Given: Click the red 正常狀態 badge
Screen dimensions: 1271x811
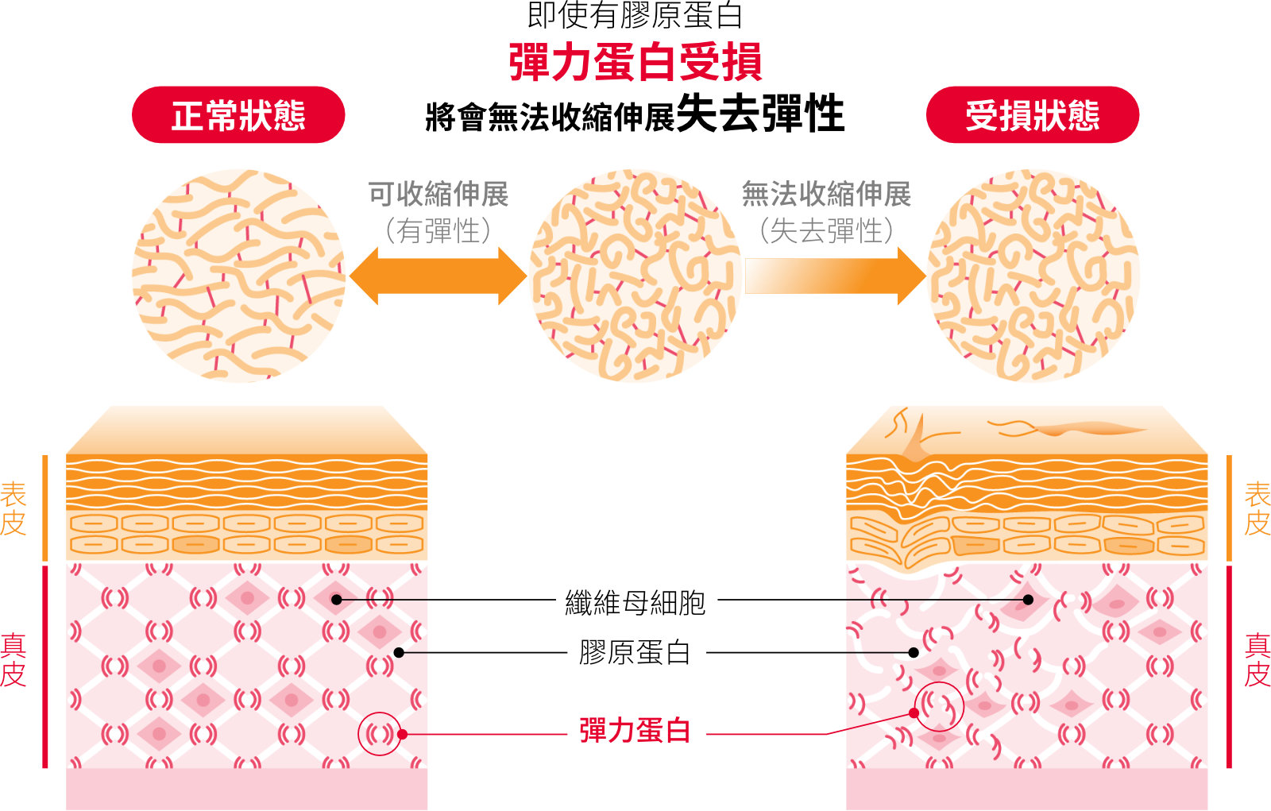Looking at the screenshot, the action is point(238,114).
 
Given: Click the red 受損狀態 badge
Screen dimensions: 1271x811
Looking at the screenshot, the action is point(1033,114).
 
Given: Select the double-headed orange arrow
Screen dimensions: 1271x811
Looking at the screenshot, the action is point(438,276).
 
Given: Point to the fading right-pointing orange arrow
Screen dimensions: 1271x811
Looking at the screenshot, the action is point(836,276).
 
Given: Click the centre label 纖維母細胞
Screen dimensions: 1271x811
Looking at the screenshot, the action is point(635,602).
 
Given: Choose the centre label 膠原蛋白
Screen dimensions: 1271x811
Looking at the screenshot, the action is point(635,652).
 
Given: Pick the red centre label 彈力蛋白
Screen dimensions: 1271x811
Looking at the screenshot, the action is point(635,731).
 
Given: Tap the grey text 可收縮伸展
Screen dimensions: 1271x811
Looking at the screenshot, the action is point(438,194).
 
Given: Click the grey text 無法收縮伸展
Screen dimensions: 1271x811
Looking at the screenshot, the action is point(827,194).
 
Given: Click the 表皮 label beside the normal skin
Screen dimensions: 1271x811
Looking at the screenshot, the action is point(14,508).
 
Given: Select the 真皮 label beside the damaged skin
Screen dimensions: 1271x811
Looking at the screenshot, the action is point(1257,660).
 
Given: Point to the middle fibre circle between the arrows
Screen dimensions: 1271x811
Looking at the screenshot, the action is point(635,276).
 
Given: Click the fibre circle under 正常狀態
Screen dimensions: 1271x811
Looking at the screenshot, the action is point(238,276).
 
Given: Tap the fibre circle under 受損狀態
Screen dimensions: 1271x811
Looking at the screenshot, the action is point(1033,276).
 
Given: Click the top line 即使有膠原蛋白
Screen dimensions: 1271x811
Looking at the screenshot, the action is point(635,15).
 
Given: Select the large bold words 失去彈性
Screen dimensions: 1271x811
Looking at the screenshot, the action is point(761,114).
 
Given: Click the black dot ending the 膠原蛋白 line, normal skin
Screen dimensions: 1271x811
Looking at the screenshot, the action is point(399,653).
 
